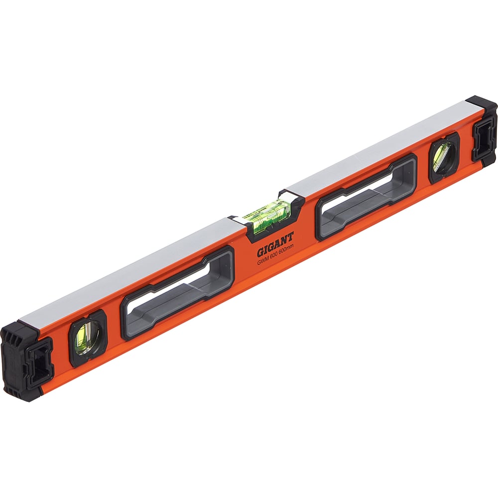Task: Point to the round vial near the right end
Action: (443, 157)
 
